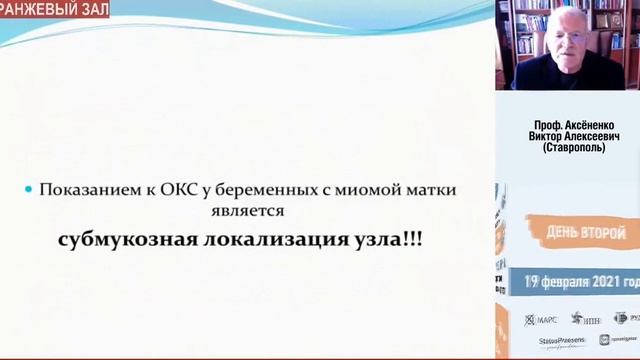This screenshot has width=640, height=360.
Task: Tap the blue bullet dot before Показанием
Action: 29,189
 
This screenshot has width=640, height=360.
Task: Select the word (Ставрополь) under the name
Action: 567,148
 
